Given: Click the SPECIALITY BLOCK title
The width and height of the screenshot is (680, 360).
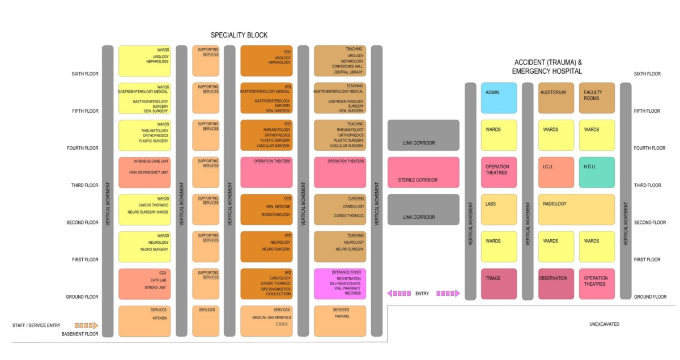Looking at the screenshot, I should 239,35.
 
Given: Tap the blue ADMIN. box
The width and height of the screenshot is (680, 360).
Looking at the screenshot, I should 499,98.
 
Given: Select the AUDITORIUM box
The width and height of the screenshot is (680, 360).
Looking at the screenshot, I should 555,98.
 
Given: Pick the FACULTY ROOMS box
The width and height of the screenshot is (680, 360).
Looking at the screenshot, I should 597,98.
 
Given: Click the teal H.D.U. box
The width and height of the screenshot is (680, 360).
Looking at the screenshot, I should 597,172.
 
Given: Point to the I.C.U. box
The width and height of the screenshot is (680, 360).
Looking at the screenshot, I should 555,172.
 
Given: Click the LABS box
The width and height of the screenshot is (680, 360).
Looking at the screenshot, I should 499,210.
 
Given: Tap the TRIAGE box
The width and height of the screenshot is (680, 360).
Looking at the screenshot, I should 499,283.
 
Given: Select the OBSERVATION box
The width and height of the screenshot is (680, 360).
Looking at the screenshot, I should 555,283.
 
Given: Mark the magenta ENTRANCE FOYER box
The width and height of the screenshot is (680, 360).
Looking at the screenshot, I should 340,283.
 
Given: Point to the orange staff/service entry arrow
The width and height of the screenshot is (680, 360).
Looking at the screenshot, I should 87,325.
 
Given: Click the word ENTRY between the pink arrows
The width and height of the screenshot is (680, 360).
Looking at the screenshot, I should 422,294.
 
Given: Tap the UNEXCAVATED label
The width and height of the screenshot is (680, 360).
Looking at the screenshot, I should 604,324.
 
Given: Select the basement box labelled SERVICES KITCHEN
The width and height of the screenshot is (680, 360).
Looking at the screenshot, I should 144,321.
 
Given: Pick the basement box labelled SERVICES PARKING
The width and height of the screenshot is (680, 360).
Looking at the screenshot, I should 340,321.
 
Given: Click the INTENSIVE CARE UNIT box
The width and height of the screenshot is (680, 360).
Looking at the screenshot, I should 144,172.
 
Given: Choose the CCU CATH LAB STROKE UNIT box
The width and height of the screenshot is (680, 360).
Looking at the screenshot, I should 144,283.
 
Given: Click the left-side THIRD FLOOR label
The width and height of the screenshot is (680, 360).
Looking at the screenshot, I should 84,185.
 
